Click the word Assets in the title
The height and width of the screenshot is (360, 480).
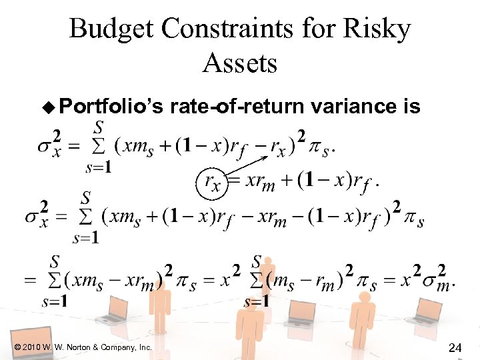click(240, 63)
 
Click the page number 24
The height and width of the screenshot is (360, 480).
click(456, 347)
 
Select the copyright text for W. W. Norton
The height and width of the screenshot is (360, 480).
click(82, 347)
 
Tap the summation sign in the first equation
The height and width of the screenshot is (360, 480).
click(99, 144)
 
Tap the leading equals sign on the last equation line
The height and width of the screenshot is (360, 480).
click(30, 281)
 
